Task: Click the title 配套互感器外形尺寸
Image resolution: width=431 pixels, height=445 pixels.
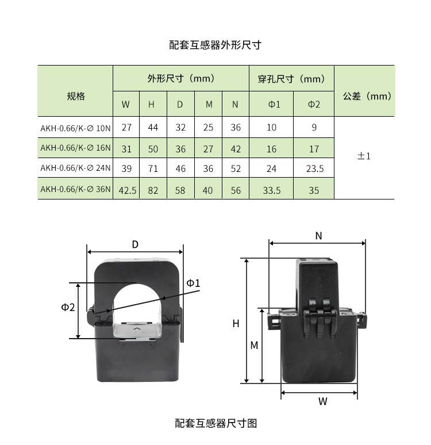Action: click(x=215, y=45)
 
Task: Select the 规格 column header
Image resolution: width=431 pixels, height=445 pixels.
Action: click(x=75, y=96)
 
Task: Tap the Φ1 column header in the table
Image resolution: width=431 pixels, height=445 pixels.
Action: click(x=272, y=105)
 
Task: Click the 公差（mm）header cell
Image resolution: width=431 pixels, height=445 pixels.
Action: click(x=364, y=96)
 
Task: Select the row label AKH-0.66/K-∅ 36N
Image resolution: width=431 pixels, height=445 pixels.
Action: click(x=75, y=189)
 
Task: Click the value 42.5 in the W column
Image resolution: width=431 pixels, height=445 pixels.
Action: click(x=127, y=190)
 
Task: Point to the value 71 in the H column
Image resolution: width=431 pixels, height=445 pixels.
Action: click(x=153, y=169)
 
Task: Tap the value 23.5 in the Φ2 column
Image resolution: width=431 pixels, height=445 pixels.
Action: click(x=313, y=169)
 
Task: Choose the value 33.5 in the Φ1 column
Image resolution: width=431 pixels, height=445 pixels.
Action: click(x=272, y=190)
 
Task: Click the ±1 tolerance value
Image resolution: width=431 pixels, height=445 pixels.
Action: click(x=364, y=156)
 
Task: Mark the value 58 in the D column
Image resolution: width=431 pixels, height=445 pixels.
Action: click(x=180, y=190)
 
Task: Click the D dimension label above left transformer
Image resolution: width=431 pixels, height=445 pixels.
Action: click(x=135, y=244)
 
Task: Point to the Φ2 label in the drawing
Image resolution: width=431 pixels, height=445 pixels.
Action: click(x=68, y=308)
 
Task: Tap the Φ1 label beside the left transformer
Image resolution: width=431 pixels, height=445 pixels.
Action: click(x=193, y=283)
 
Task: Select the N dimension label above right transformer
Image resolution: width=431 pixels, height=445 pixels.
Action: click(x=318, y=236)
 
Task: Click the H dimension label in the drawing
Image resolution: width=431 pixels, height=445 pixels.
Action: click(x=236, y=324)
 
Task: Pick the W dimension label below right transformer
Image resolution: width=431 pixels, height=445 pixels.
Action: click(x=322, y=402)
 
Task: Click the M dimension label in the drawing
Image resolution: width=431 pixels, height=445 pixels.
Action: click(x=254, y=346)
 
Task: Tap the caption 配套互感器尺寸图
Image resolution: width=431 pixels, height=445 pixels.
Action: click(x=215, y=424)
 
